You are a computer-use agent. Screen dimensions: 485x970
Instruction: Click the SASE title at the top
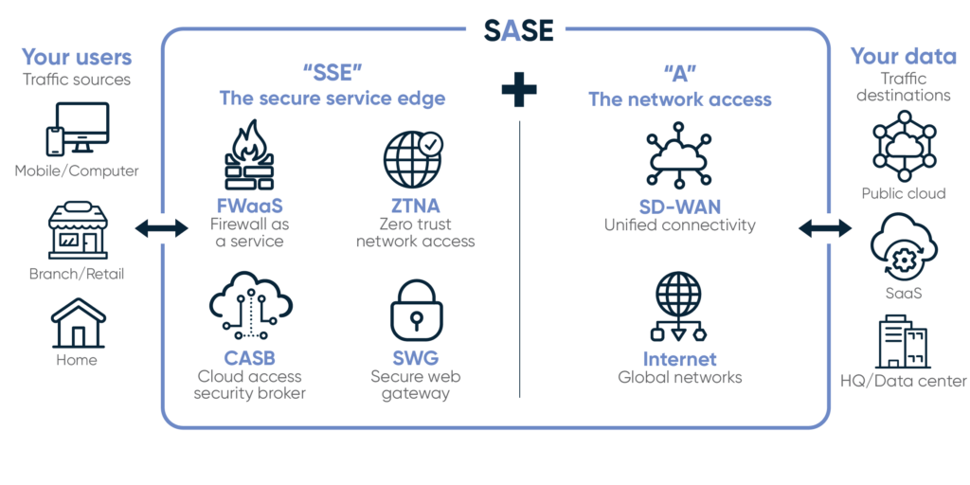[x=518, y=31]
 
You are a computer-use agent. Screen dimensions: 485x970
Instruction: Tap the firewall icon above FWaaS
[x=248, y=157]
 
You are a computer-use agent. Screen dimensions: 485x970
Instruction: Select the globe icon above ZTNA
[x=412, y=157]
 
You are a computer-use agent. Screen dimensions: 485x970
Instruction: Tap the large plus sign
[x=518, y=90]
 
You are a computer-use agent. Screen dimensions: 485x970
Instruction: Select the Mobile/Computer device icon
[x=77, y=129]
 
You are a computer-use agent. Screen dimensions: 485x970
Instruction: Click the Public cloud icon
[x=903, y=149]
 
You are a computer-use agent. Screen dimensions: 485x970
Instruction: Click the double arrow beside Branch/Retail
[x=161, y=227]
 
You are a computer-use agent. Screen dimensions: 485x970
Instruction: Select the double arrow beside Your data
[x=825, y=227]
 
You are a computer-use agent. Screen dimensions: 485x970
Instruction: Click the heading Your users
[x=77, y=57]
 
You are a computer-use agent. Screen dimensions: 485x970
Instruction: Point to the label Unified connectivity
[x=679, y=225]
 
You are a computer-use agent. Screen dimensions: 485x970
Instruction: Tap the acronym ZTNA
[x=414, y=206]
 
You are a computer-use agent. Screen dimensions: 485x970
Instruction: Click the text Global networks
[x=679, y=377]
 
